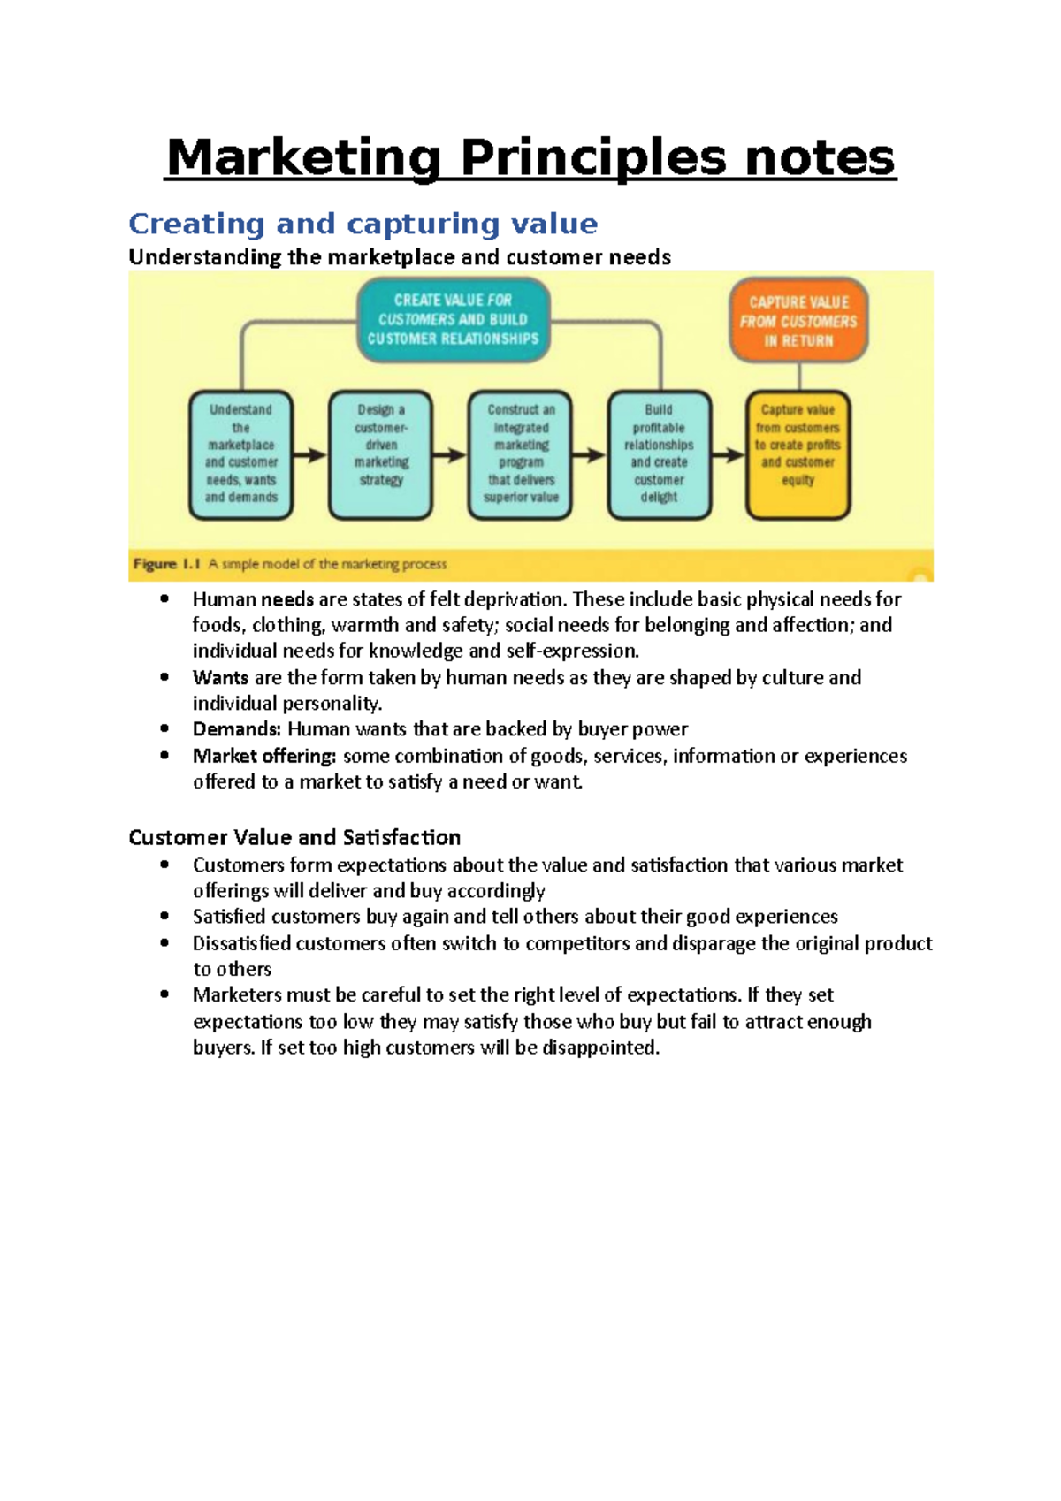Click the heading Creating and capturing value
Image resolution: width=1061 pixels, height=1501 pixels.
[363, 224]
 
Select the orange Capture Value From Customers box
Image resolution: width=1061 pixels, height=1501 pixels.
[798, 321]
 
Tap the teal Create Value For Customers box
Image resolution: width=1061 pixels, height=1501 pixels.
[453, 319]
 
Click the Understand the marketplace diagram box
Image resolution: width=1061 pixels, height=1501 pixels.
[240, 454]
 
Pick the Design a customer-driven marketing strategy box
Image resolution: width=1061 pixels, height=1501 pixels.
[381, 454]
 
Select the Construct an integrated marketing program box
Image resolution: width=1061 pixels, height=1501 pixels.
[521, 454]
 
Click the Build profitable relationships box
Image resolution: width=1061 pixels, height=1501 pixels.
[659, 454]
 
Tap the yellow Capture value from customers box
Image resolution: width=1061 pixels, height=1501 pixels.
[798, 454]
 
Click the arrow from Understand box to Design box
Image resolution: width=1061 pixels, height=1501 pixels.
[310, 455]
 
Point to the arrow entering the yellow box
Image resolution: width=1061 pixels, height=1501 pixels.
[729, 455]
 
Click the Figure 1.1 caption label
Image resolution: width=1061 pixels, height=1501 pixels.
[167, 564]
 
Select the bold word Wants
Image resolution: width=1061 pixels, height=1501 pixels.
[220, 678]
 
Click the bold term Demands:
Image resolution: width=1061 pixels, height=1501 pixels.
[237, 729]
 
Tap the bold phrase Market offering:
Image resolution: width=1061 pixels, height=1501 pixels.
[264, 756]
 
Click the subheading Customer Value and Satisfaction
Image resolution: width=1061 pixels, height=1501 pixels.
[294, 837]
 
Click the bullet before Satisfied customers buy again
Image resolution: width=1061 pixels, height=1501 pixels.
[164, 917]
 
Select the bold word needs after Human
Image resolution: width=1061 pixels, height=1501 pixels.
[287, 599]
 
